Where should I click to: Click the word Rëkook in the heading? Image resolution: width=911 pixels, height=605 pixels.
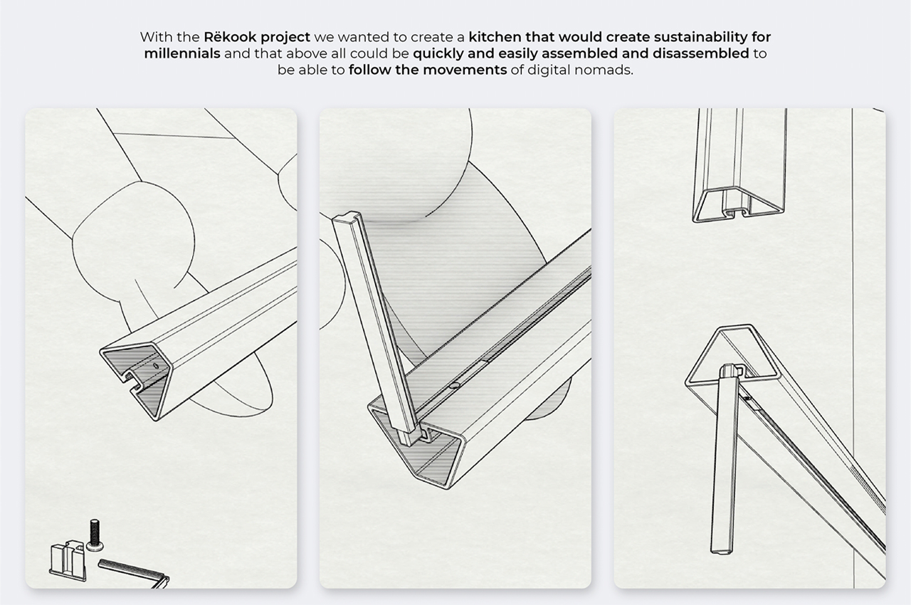[x=230, y=37]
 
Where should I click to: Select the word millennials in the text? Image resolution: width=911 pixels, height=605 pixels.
[x=182, y=53]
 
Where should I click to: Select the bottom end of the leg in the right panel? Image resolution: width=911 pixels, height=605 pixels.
[x=722, y=549]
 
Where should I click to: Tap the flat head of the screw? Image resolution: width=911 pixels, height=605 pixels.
[x=95, y=547]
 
